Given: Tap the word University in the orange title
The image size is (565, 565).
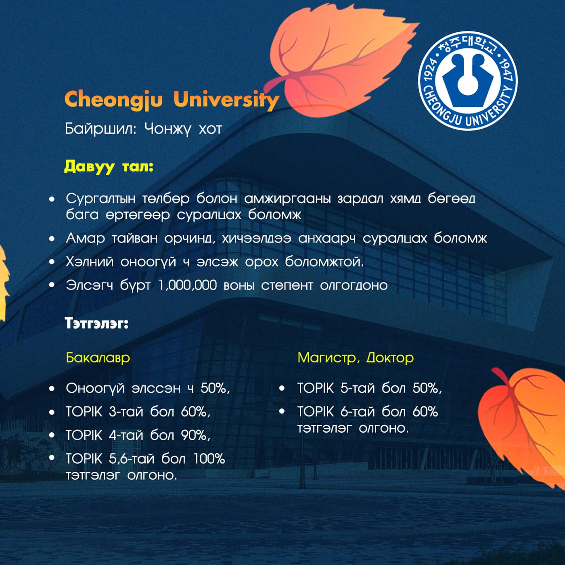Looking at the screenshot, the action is tap(226, 100).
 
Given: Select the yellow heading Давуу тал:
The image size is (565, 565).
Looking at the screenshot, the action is tap(109, 167).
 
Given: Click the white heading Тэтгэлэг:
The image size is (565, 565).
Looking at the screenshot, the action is tap(96, 323).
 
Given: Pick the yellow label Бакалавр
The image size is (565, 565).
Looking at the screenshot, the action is tap(98, 358).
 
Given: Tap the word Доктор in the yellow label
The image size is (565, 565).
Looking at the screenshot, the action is tap(390, 358).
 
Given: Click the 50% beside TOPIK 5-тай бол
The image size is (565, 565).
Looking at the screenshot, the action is tap(427, 388).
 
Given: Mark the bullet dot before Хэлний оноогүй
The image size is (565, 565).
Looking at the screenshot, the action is tap(52, 262).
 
